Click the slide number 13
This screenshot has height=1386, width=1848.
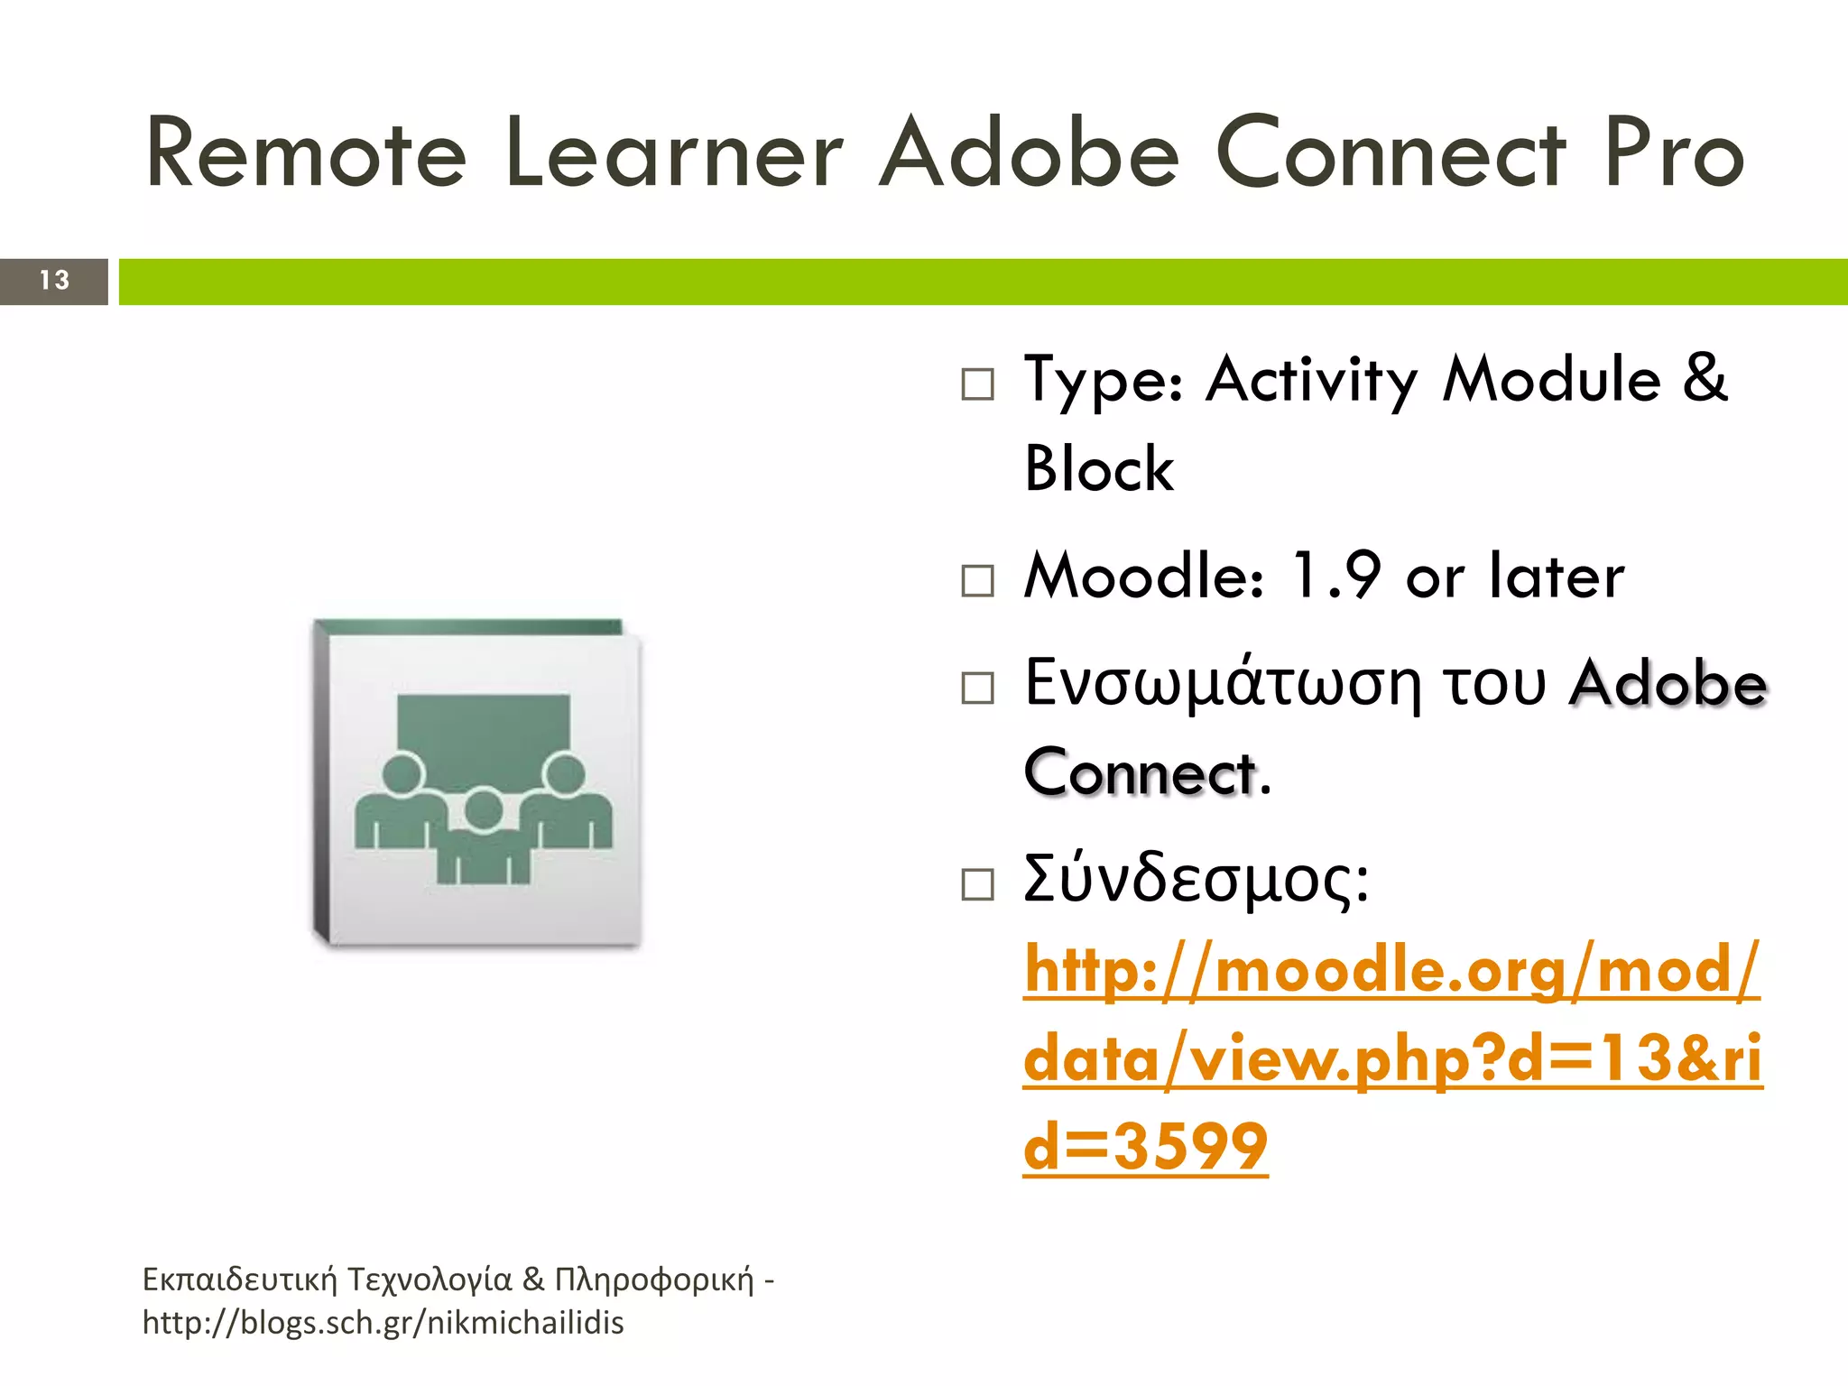(x=54, y=281)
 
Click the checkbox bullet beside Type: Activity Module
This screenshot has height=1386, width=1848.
(x=977, y=384)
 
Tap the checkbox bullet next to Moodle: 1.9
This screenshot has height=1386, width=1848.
(x=977, y=581)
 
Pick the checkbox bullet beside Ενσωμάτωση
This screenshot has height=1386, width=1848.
(x=977, y=688)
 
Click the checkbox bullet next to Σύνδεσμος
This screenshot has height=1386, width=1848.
(x=977, y=885)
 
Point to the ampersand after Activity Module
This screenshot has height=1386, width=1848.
(x=1705, y=379)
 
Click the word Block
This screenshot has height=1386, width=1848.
(x=1099, y=469)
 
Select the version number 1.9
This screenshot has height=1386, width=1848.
(x=1335, y=576)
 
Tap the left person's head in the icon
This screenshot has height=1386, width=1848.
(x=402, y=774)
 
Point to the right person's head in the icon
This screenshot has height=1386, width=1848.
(x=566, y=774)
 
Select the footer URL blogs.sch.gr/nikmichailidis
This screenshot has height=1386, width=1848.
(x=383, y=1323)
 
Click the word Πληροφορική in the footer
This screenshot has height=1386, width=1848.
(x=653, y=1280)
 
